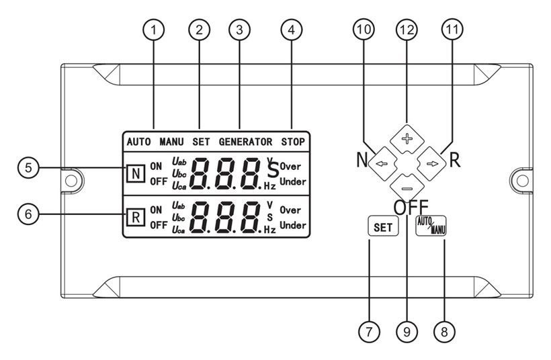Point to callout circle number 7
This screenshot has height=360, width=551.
pyautogui.click(x=368, y=331)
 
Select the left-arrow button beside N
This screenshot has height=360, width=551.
pyautogui.click(x=380, y=162)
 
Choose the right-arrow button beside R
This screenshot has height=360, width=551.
pyautogui.click(x=431, y=162)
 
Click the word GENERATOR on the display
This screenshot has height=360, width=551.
pyautogui.click(x=245, y=142)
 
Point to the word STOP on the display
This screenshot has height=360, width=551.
pyautogui.click(x=293, y=142)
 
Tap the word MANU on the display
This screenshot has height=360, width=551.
pyautogui.click(x=171, y=142)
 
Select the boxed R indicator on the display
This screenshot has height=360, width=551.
pyautogui.click(x=134, y=217)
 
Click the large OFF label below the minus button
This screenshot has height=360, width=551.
pyautogui.click(x=411, y=208)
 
